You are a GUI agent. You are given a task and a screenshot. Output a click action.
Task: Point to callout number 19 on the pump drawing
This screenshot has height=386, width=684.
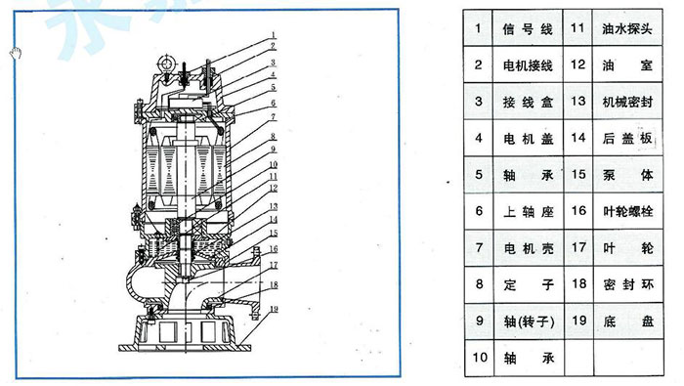click(x=275, y=309)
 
